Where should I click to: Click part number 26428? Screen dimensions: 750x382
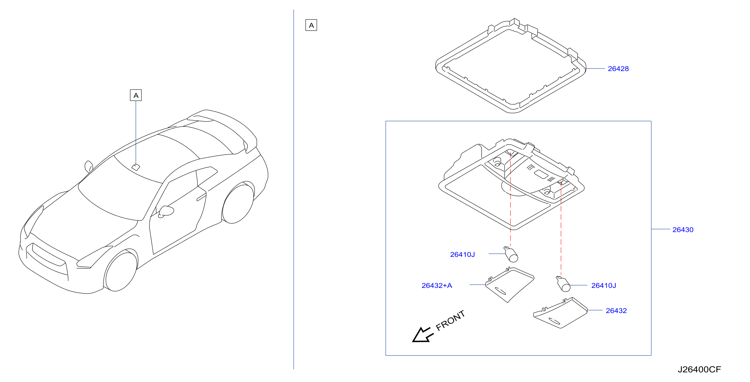618,69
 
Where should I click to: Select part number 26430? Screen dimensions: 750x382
683,230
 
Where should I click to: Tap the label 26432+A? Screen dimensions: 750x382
437,285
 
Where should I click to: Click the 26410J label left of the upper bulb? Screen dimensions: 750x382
462,255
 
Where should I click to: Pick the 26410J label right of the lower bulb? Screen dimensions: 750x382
604,285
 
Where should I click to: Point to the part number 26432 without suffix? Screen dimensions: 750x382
616,311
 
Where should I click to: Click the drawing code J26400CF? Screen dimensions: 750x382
699,369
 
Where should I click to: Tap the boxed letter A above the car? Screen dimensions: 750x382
136,95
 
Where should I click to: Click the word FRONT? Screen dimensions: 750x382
450,320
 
